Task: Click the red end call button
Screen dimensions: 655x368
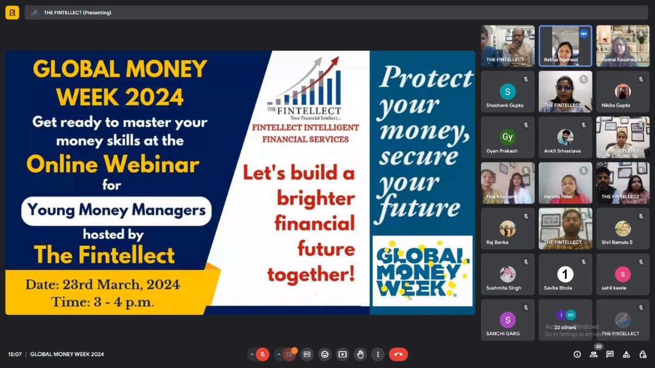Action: coord(398,354)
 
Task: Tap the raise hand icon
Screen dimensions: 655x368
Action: coord(360,354)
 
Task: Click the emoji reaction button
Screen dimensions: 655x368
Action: coord(324,354)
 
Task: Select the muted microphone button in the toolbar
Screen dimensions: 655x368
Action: coord(263,354)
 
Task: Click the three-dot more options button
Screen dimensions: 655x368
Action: coord(378,354)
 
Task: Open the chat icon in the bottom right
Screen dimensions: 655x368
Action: coord(609,354)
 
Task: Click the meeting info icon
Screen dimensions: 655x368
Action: coord(577,354)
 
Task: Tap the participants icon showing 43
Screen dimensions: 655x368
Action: coord(594,354)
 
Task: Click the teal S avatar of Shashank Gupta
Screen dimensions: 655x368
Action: coord(508,91)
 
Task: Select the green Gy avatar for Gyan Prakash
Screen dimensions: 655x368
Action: coord(508,137)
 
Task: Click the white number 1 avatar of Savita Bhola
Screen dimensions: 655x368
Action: coord(565,274)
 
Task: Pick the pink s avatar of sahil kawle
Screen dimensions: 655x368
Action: coord(623,274)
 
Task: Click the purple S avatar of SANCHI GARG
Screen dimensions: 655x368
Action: coord(508,320)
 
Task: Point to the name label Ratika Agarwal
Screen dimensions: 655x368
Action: coord(561,60)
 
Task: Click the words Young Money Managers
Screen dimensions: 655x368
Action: coord(116,210)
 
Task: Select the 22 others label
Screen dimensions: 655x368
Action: coord(565,328)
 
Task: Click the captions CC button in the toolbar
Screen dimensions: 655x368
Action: coord(307,354)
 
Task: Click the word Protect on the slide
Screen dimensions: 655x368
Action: coord(426,77)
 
